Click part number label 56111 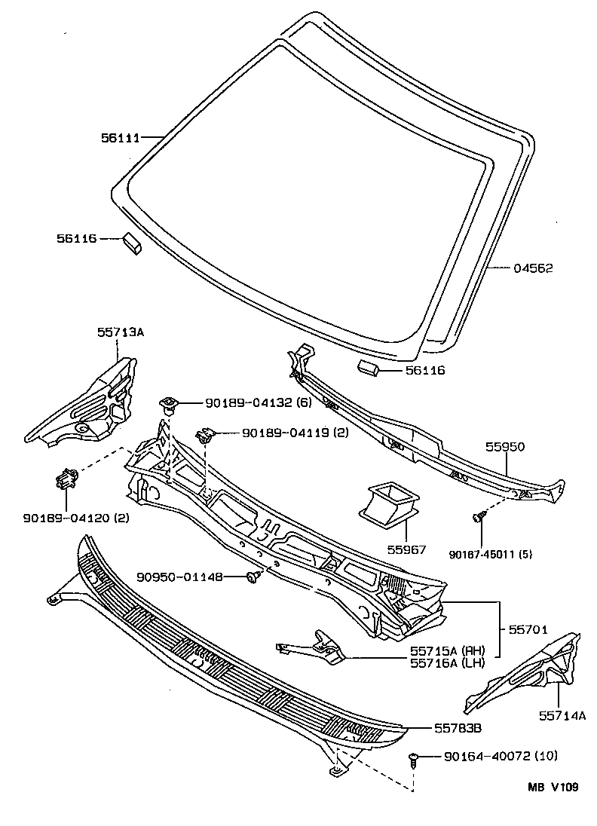(121, 138)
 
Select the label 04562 (534, 268)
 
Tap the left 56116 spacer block (131, 243)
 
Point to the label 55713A (119, 331)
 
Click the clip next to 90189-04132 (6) (169, 404)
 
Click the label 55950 (505, 447)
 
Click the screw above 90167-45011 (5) (478, 517)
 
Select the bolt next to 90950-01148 (254, 577)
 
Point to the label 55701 (527, 629)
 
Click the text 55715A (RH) (447, 650)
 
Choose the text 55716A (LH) (447, 662)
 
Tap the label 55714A (562, 716)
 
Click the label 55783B (458, 728)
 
